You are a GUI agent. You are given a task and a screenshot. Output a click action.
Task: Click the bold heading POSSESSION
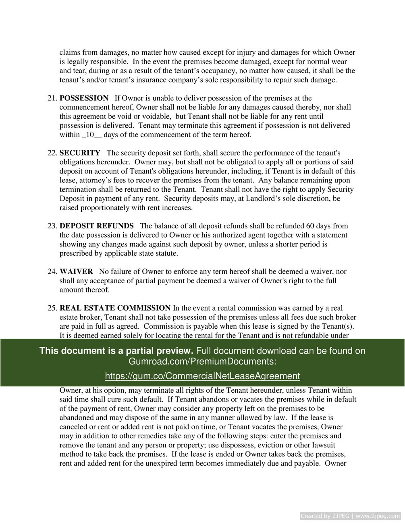pos(84,98)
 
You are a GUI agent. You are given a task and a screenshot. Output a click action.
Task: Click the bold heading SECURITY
pos(80,153)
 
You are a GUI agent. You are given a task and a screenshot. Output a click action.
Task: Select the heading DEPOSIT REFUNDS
pos(97,226)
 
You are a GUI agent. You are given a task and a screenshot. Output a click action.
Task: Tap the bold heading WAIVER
pos(76,272)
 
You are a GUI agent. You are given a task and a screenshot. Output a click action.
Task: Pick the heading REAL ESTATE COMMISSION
pos(115,308)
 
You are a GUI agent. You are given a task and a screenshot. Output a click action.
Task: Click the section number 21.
pos(52,98)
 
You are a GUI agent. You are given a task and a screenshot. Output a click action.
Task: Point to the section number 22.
pos(52,153)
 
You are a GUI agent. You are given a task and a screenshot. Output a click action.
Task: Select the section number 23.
pos(52,226)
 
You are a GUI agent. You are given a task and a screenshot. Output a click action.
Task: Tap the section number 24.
pos(52,272)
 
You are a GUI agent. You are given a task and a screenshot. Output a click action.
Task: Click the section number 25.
pos(52,308)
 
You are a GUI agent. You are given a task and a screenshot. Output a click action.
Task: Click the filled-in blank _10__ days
pos(91,135)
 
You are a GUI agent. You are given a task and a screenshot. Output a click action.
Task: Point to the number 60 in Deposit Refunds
pos(310,226)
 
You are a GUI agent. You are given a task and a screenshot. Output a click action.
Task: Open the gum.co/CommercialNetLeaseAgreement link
pos(202,376)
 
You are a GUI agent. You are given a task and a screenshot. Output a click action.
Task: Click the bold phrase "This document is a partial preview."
pos(116,351)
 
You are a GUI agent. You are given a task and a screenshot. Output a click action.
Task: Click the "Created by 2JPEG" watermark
pos(350,516)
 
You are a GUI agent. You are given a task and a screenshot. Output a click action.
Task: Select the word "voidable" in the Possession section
pos(156,116)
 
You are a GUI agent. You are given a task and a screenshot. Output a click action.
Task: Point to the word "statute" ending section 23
pos(165,253)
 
